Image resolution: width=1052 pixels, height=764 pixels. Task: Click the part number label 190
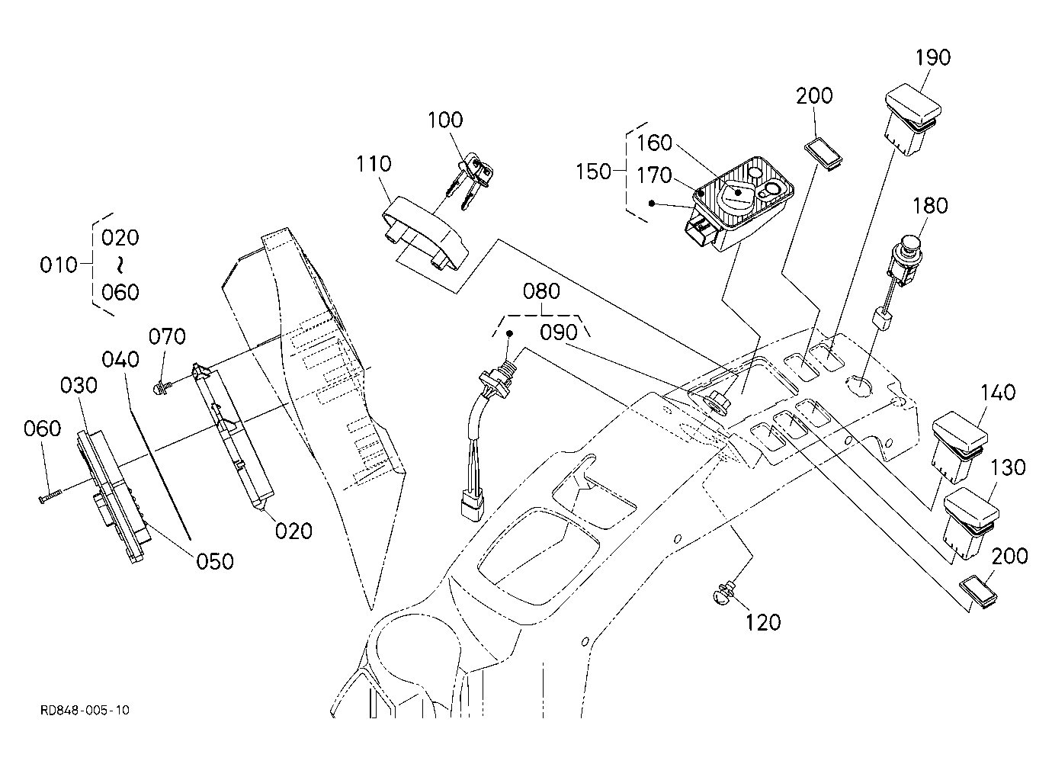pos(933,57)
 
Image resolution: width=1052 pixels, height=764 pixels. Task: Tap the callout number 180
pos(930,206)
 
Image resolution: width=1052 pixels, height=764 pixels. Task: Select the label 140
pos(998,393)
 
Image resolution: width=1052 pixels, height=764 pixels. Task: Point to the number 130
pos(1009,467)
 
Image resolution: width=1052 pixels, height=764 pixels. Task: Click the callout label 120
pos(763,623)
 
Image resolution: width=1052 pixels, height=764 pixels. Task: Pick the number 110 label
pos(374,164)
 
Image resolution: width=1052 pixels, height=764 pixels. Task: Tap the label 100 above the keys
pos(445,120)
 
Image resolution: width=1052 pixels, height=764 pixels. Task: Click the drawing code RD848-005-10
pos(85,710)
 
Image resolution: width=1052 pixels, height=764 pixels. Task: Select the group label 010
pos(59,265)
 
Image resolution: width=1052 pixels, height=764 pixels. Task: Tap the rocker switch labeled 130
pos(970,523)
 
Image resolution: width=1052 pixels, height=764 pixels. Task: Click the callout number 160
pos(654,143)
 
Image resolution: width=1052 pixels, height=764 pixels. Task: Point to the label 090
pos(558,332)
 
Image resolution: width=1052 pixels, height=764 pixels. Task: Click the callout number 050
pos(215,561)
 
